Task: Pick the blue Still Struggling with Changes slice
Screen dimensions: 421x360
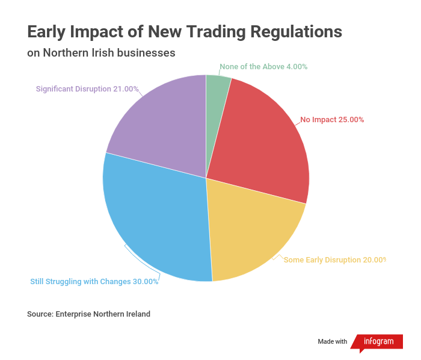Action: click(158, 217)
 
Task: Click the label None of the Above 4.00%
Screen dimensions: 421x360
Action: click(263, 67)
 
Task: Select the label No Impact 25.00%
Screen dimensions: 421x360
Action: click(332, 120)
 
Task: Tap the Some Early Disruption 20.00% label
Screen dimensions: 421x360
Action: click(335, 260)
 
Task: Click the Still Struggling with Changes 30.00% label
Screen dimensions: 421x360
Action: click(94, 282)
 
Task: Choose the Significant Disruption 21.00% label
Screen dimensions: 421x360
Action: click(87, 89)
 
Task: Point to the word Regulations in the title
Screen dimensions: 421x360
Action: click(296, 33)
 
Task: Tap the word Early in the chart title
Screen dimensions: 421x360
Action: click(46, 33)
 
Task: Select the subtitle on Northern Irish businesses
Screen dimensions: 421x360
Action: click(101, 52)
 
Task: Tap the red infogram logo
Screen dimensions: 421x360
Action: click(377, 342)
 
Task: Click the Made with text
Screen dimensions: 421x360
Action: click(333, 341)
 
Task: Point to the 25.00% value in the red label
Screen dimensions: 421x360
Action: click(351, 120)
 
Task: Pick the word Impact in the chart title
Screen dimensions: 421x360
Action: click(96, 33)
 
